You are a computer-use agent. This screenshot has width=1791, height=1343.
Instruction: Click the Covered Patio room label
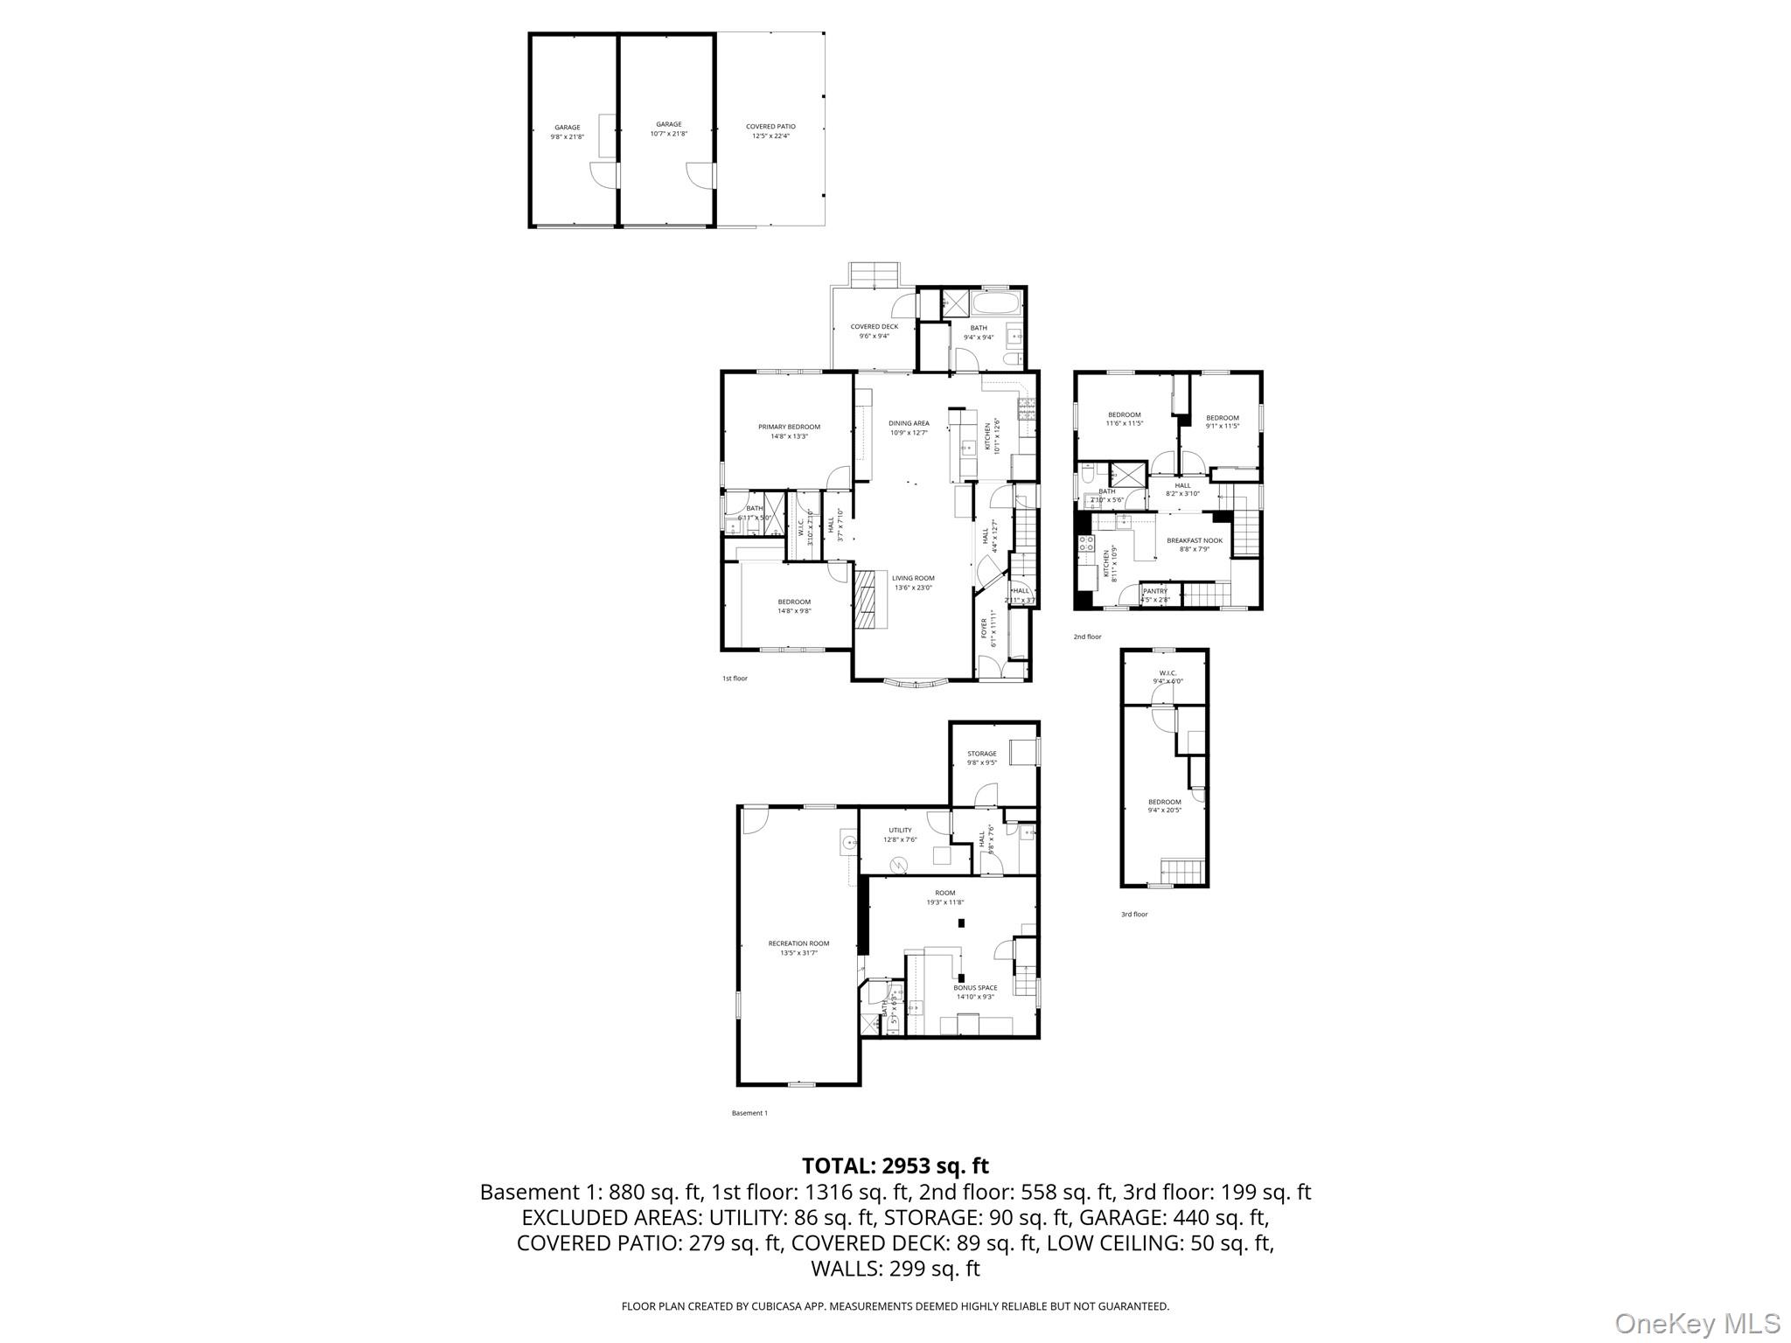[x=770, y=131]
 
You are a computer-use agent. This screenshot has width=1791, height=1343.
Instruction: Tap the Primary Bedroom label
[x=789, y=431]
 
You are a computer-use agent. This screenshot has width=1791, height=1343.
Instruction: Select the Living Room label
[x=913, y=582]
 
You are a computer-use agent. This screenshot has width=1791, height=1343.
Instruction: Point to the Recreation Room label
[x=798, y=948]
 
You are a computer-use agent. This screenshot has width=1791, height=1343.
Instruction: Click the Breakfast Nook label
[x=1194, y=544]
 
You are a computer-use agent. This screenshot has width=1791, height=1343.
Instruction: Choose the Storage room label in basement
[x=981, y=757]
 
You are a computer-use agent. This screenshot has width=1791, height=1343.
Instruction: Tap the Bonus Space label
[x=975, y=992]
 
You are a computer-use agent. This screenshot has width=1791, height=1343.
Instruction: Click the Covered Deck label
[x=874, y=331]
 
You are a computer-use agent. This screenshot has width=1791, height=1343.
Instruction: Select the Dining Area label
[x=909, y=428]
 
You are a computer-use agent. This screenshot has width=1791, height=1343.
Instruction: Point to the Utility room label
[x=900, y=834]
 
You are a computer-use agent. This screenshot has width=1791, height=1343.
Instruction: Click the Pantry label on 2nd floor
[x=1155, y=595]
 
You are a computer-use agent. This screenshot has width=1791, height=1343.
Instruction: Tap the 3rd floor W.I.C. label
[x=1167, y=677]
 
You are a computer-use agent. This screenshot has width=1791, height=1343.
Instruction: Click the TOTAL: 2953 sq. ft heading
[x=895, y=1166]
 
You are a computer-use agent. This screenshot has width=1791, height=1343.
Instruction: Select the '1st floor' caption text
[x=735, y=678]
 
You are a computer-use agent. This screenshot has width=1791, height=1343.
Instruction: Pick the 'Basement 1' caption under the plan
[x=749, y=1113]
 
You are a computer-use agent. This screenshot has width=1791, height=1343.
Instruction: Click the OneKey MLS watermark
[x=1697, y=1323]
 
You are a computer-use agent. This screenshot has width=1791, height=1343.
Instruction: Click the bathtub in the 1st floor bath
[x=996, y=304]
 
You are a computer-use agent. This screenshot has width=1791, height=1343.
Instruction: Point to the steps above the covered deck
[x=874, y=275]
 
